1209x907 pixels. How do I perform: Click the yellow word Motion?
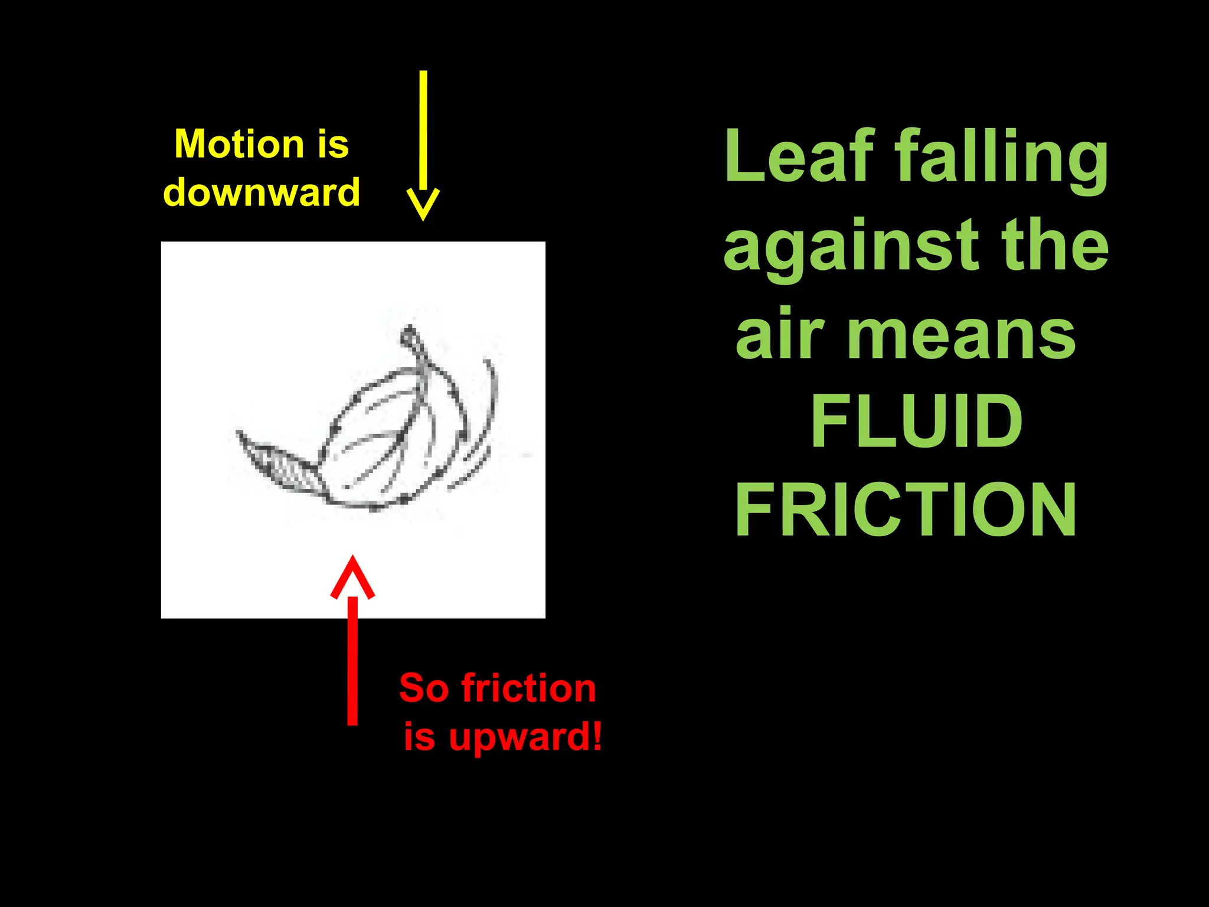coord(239,144)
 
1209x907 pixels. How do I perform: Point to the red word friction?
coord(528,688)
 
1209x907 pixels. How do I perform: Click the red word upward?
coord(526,738)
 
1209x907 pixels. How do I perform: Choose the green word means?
coord(961,337)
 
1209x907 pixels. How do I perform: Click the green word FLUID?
coord(917,421)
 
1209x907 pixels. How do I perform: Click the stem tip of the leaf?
coord(409,336)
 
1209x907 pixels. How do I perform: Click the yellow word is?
coord(333,144)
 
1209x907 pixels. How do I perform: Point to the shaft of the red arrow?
coord(352,661)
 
